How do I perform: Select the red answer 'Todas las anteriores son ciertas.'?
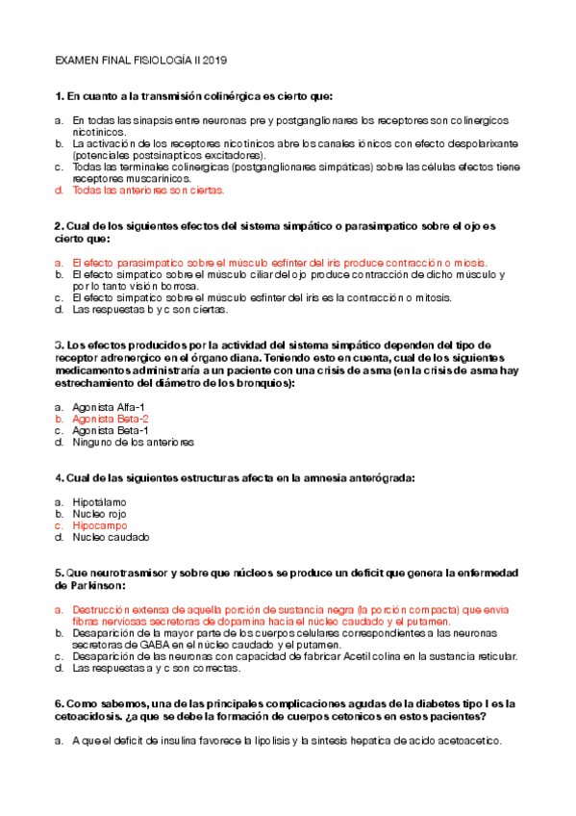click(148, 191)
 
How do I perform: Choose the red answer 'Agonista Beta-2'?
click(111, 420)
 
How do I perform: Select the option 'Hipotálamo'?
click(99, 502)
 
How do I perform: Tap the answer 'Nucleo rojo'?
click(100, 514)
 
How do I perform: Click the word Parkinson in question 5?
click(93, 585)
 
